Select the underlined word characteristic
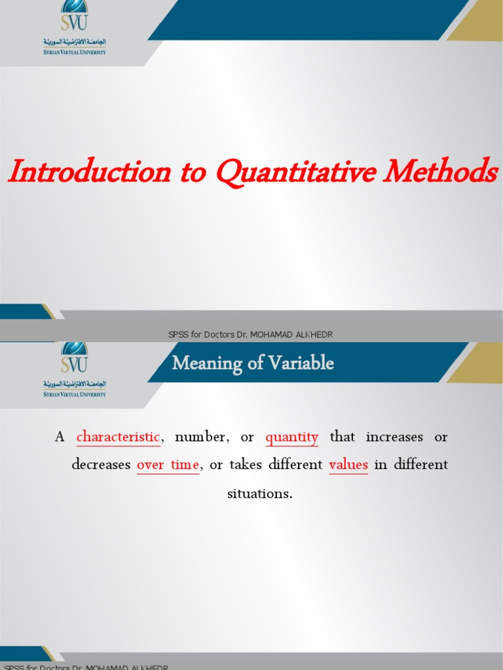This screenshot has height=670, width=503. (118, 437)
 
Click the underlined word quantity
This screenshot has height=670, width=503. (291, 437)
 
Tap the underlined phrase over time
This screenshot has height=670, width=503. (168, 465)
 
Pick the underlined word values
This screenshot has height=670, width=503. (348, 465)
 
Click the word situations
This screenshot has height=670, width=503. (259, 493)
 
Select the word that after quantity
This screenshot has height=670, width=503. (342, 437)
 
